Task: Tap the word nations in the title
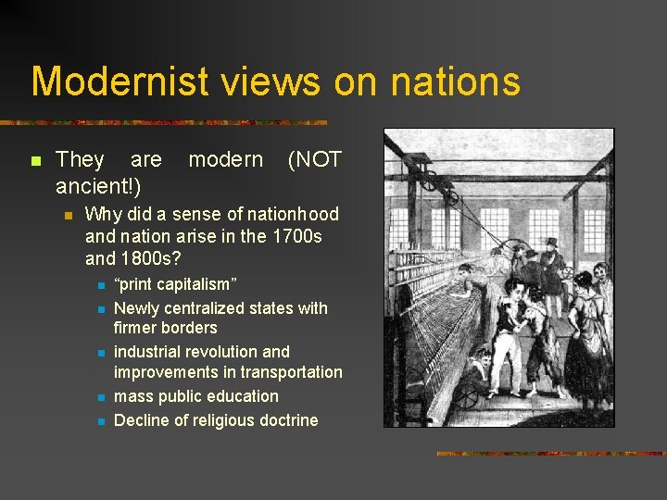click(455, 81)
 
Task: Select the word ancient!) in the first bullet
click(98, 187)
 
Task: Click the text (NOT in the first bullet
click(314, 160)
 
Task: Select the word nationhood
click(287, 214)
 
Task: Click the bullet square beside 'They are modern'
click(35, 160)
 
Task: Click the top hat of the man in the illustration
click(553, 244)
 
